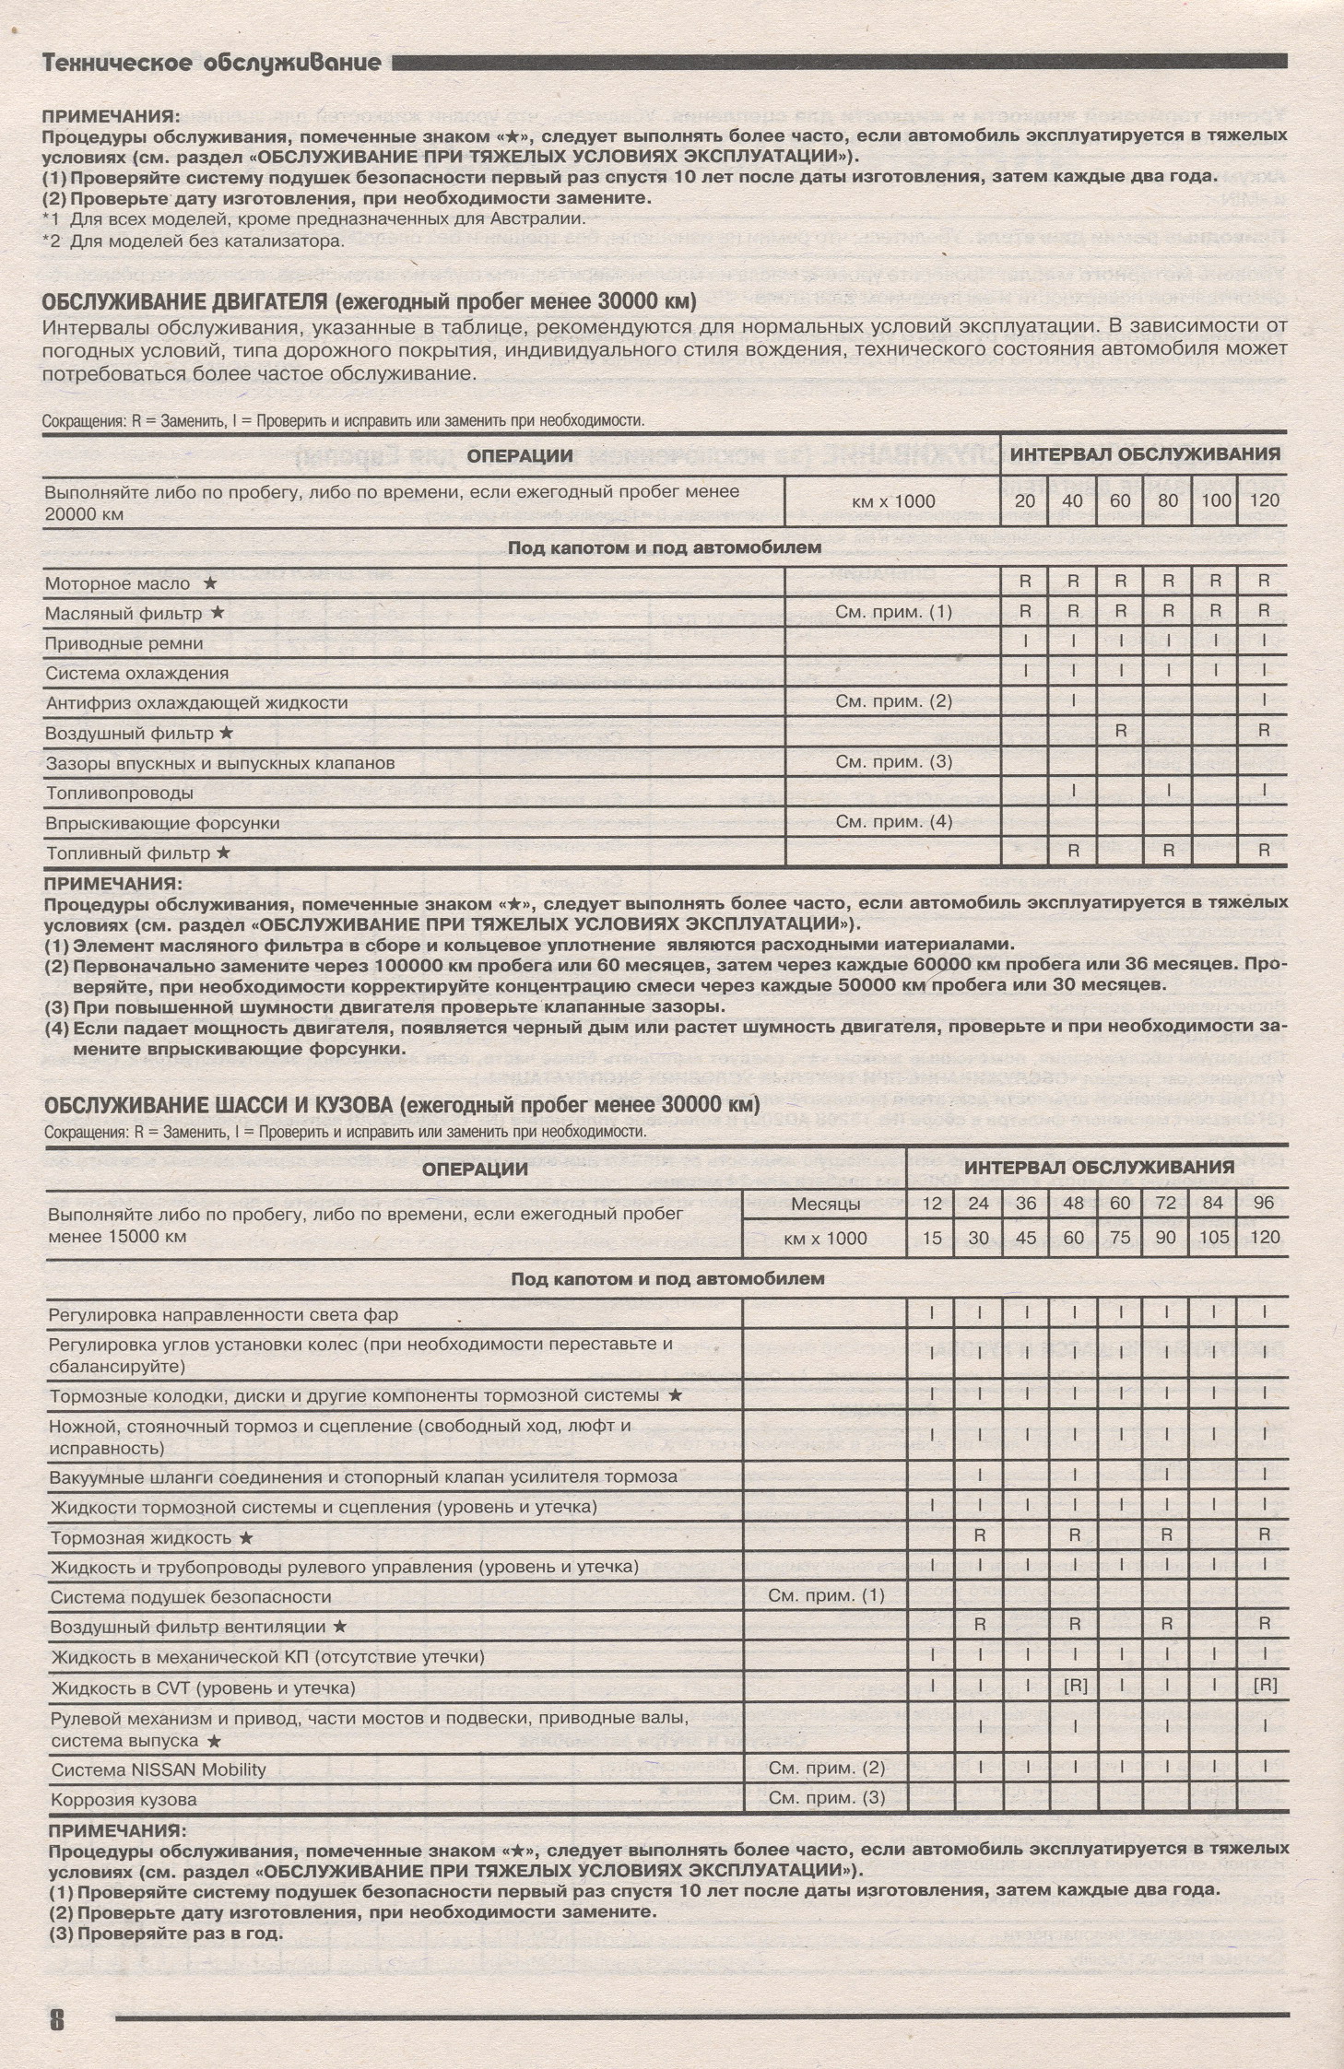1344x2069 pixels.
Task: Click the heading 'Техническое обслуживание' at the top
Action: point(212,63)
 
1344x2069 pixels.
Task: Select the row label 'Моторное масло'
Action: point(119,583)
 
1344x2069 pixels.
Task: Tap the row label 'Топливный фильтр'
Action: point(129,853)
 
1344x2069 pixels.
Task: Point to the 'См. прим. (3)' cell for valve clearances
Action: point(893,762)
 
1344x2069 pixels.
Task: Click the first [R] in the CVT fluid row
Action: point(1075,1687)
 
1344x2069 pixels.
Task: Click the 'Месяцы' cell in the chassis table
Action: point(825,1204)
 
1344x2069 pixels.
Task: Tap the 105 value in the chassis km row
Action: point(1214,1238)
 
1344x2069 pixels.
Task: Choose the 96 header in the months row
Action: point(1265,1204)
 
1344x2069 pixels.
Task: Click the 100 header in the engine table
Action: point(1216,501)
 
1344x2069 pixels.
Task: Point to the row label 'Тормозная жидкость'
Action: point(141,1538)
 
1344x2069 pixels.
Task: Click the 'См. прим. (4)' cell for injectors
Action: point(893,822)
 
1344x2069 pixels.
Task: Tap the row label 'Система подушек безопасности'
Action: point(190,1597)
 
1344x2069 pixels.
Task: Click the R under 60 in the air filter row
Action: point(1121,731)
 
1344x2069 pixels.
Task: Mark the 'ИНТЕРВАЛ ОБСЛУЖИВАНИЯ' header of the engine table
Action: point(1145,454)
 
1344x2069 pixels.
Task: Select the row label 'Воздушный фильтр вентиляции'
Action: point(188,1627)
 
